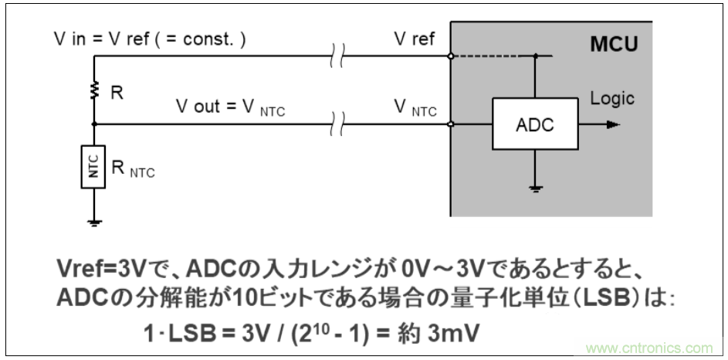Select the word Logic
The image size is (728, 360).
click(612, 99)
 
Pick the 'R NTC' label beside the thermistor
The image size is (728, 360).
click(134, 169)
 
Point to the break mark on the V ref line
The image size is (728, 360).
click(337, 56)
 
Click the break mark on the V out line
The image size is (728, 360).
click(337, 124)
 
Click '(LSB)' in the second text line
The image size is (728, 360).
click(586, 297)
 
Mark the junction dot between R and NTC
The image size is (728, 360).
click(94, 124)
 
